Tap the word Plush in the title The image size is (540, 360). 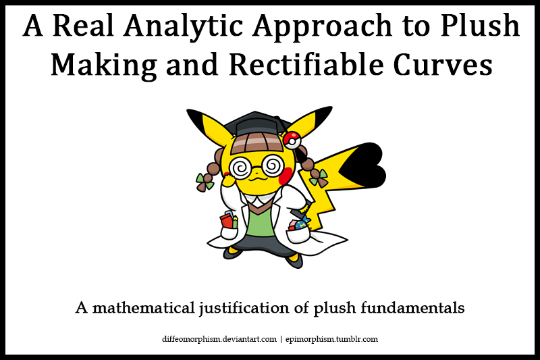[x=480, y=25]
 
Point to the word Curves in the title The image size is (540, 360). [x=443, y=65]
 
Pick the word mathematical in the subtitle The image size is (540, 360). [x=144, y=307]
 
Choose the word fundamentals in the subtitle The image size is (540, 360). [x=412, y=307]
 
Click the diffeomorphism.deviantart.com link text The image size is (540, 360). [x=219, y=339]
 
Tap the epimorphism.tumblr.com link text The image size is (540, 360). [x=331, y=339]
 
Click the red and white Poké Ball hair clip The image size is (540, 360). [x=292, y=140]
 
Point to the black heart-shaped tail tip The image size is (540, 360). [x=363, y=165]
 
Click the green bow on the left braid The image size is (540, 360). [x=205, y=182]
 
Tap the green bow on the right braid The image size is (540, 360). [x=319, y=178]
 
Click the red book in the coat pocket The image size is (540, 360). [x=226, y=220]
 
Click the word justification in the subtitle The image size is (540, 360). [x=244, y=307]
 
